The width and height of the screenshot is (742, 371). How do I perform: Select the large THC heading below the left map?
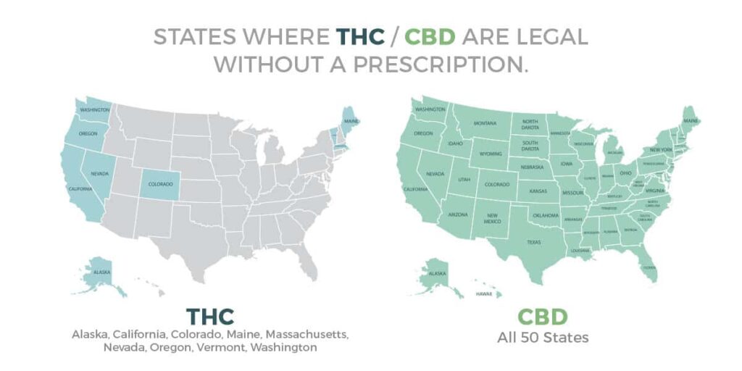click(211, 316)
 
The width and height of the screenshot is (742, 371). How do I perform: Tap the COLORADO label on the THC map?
click(160, 184)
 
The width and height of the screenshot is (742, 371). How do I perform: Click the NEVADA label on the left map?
click(99, 174)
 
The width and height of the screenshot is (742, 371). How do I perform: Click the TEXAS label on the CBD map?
click(534, 242)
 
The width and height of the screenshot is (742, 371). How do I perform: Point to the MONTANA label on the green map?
click(485, 123)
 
